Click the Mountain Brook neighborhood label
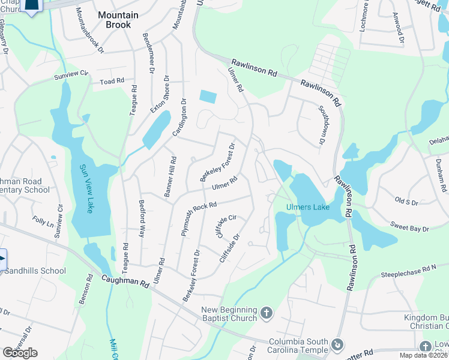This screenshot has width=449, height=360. point(118,20)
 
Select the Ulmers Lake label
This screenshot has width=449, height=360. point(304,207)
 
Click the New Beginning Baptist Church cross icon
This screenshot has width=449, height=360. point(267,313)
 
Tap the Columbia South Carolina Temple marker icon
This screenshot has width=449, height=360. point(337,345)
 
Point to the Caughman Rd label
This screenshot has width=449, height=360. point(124,280)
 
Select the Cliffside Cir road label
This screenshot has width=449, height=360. point(226,226)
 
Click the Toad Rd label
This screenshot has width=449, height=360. point(112,81)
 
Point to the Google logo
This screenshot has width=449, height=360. point(20,352)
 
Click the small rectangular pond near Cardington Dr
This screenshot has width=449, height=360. point(208,96)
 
